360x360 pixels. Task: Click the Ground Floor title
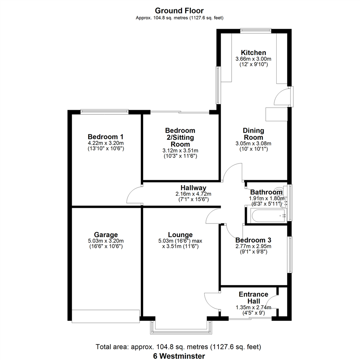pyautogui.click(x=179, y=11)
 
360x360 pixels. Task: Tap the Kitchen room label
pyautogui.click(x=253, y=53)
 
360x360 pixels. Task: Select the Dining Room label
pyautogui.click(x=253, y=134)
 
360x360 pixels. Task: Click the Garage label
pyautogui.click(x=106, y=235)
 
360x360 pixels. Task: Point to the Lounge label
pyautogui.click(x=180, y=235)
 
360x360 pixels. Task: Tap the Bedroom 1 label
pyautogui.click(x=106, y=137)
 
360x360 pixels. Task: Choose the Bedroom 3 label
pyautogui.click(x=253, y=240)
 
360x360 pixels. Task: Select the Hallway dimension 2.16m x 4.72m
pyautogui.click(x=193, y=194)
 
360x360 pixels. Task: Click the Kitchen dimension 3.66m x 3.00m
pyautogui.click(x=253, y=59)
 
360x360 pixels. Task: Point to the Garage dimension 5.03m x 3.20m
pyautogui.click(x=106, y=241)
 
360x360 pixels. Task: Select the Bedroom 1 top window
pyautogui.click(x=104, y=112)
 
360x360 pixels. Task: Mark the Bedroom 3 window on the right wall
pyautogui.click(x=290, y=255)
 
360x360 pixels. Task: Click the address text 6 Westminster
pyautogui.click(x=179, y=356)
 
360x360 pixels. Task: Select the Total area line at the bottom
pyautogui.click(x=178, y=347)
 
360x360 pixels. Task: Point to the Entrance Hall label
pyautogui.click(x=253, y=298)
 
